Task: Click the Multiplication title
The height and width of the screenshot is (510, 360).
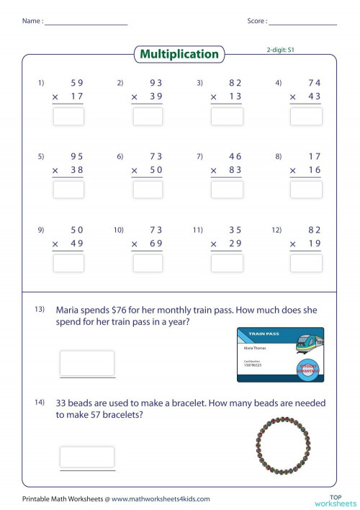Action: click(x=179, y=54)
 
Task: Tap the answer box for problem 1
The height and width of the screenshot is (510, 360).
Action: click(x=68, y=116)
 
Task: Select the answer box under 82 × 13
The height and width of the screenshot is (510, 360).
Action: click(x=228, y=116)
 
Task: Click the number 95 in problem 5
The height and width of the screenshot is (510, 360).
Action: click(x=76, y=156)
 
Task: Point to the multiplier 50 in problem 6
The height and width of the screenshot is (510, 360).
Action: click(x=156, y=170)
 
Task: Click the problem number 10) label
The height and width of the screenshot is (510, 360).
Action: click(x=119, y=230)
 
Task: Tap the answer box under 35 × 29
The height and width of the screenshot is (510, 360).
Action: click(x=228, y=263)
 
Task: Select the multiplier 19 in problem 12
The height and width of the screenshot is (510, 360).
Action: click(x=315, y=243)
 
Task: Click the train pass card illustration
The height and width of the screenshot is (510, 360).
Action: click(x=280, y=354)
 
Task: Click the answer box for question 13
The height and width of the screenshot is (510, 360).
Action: click(x=87, y=362)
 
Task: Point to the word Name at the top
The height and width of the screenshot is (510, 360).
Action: click(x=31, y=21)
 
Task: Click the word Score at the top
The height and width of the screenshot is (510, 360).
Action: click(x=256, y=21)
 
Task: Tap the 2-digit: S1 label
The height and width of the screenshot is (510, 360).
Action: click(x=281, y=50)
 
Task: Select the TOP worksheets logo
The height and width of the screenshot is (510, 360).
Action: click(x=336, y=498)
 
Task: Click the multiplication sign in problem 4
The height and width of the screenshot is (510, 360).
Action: click(x=293, y=97)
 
